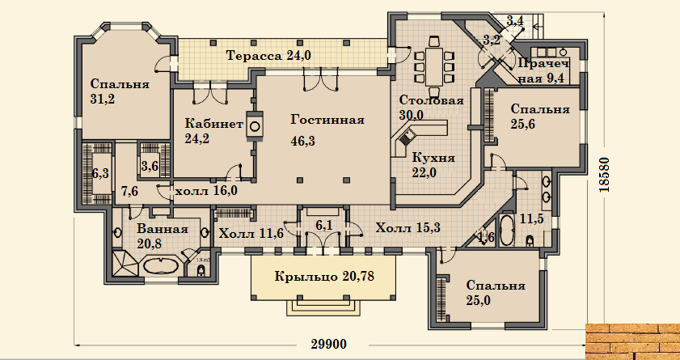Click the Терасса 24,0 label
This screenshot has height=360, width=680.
point(269,56)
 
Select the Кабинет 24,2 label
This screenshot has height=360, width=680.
point(213,131)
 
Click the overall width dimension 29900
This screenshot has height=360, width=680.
point(329,345)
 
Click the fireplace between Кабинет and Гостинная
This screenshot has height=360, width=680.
point(255,125)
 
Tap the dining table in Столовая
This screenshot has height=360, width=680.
point(433,67)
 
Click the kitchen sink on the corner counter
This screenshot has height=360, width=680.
point(407,137)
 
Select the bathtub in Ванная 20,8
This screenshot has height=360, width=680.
point(161,266)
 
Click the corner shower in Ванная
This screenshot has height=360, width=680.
point(126,263)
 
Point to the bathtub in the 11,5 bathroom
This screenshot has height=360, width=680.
point(505,230)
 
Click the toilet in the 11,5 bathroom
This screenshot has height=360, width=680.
point(530,239)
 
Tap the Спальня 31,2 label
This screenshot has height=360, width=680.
point(118,91)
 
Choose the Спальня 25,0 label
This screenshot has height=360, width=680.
point(496,293)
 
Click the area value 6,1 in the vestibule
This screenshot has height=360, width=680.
point(323,225)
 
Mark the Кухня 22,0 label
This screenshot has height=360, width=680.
point(432,165)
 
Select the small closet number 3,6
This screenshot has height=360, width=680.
point(150,166)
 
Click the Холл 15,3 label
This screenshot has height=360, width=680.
point(408,227)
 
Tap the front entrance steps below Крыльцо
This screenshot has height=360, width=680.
point(323,308)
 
